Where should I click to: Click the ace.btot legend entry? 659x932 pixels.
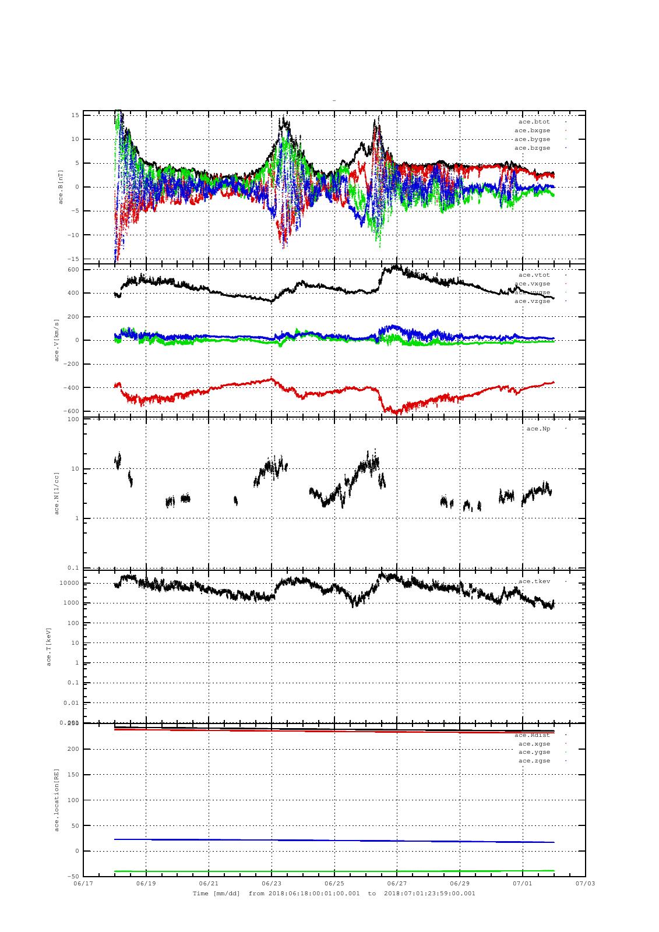click(x=534, y=122)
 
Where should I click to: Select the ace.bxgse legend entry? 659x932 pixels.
click(x=532, y=130)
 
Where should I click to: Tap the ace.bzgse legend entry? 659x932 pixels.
click(x=532, y=148)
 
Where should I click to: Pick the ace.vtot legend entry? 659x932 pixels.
click(x=534, y=274)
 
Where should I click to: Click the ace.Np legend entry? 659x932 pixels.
click(x=538, y=429)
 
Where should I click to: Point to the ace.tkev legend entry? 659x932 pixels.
click(x=534, y=581)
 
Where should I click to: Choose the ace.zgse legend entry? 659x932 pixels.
click(x=534, y=761)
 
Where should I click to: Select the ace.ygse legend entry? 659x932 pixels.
click(x=534, y=752)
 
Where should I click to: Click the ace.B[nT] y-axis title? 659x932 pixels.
click(x=61, y=186)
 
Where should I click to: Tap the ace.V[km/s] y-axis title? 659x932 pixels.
click(x=57, y=340)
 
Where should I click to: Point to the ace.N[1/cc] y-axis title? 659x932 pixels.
click(x=57, y=493)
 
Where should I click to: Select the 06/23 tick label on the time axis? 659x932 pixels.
click(x=272, y=883)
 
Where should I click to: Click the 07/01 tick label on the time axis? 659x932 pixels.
click(x=522, y=883)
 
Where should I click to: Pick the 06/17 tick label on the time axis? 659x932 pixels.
click(x=83, y=883)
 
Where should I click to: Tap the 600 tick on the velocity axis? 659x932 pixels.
click(x=73, y=269)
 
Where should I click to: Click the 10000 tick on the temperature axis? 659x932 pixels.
click(x=69, y=583)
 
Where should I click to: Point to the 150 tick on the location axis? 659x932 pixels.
click(x=73, y=775)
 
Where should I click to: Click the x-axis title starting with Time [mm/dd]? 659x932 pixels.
click(x=334, y=893)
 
